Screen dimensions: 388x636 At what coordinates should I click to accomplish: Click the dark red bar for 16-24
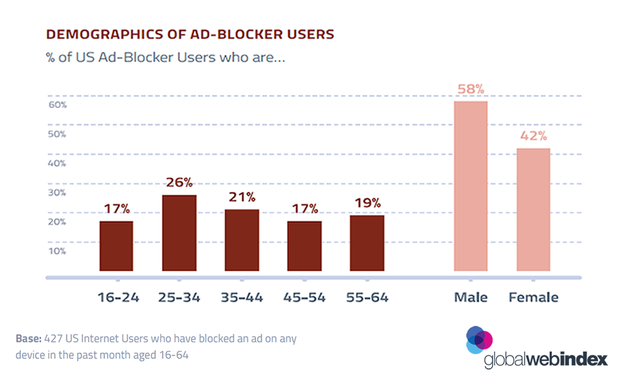[x=116, y=246]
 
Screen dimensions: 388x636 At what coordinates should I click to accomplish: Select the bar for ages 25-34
[x=179, y=233]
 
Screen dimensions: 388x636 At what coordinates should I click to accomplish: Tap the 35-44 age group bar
[x=242, y=240]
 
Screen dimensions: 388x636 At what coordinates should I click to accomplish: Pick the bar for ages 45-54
[x=304, y=246]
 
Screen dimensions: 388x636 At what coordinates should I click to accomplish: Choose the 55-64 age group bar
[x=367, y=243]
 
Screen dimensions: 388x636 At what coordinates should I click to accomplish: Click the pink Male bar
[x=471, y=186]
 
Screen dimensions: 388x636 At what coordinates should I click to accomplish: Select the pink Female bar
[x=533, y=210]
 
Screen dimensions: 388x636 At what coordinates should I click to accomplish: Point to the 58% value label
[x=471, y=90]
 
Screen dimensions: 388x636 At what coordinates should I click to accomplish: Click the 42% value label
[x=533, y=136]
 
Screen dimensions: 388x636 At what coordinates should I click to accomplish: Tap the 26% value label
[x=179, y=183]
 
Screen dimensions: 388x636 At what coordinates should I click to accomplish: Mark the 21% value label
[x=242, y=197]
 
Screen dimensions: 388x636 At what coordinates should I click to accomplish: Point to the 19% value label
[x=367, y=203]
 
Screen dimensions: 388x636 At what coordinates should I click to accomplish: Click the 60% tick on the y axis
[x=58, y=105]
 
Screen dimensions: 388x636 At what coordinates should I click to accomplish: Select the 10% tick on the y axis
[x=58, y=251]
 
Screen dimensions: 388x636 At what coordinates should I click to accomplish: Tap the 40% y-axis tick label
[x=58, y=163]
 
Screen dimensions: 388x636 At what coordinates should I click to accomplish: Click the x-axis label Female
[x=533, y=297]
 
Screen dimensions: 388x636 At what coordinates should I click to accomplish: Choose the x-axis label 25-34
[x=179, y=297]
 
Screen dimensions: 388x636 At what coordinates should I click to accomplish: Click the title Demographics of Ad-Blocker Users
[x=190, y=34]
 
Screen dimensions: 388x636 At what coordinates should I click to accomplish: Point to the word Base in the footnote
[x=29, y=339]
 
